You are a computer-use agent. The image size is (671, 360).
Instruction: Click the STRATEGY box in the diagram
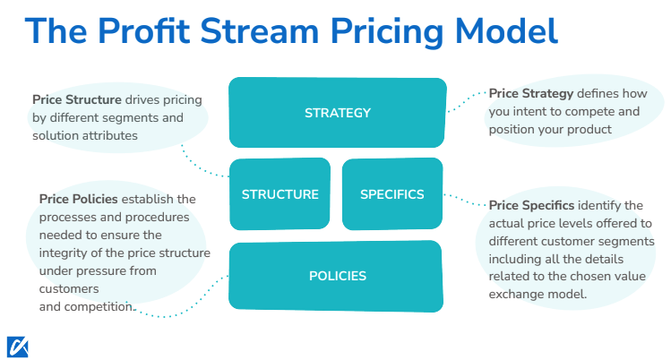click(337, 113)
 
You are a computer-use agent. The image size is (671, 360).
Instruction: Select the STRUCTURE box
click(280, 193)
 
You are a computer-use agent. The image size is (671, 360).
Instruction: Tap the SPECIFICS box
click(391, 193)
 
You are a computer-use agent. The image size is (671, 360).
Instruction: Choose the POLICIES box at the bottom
click(337, 276)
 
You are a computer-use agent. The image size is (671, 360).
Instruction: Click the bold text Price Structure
click(73, 99)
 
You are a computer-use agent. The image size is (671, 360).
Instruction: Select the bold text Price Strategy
click(530, 93)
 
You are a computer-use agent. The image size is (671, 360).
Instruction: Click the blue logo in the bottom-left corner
click(16, 346)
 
